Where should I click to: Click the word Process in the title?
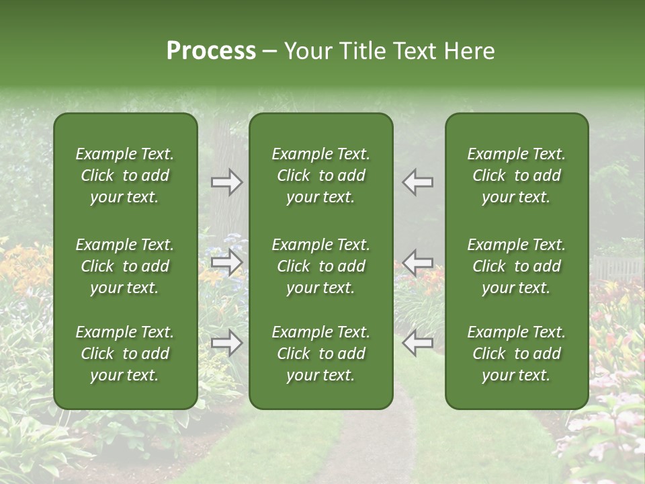[x=211, y=51]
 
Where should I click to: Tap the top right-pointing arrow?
[x=226, y=182]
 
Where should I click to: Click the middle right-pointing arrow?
[x=226, y=262]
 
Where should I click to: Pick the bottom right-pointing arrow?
[x=226, y=343]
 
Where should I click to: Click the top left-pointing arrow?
[x=418, y=182]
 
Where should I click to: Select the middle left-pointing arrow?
[x=418, y=262]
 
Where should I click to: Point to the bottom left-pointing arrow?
[x=418, y=343]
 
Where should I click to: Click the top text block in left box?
[x=125, y=175]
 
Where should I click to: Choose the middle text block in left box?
[x=125, y=266]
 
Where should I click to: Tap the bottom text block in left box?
[x=125, y=354]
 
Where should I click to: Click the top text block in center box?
[x=320, y=175]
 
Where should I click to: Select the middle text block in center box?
[x=320, y=266]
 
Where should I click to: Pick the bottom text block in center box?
[x=320, y=354]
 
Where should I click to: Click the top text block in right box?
[x=516, y=175]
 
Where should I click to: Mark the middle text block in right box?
[x=516, y=266]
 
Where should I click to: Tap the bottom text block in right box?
[x=516, y=354]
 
